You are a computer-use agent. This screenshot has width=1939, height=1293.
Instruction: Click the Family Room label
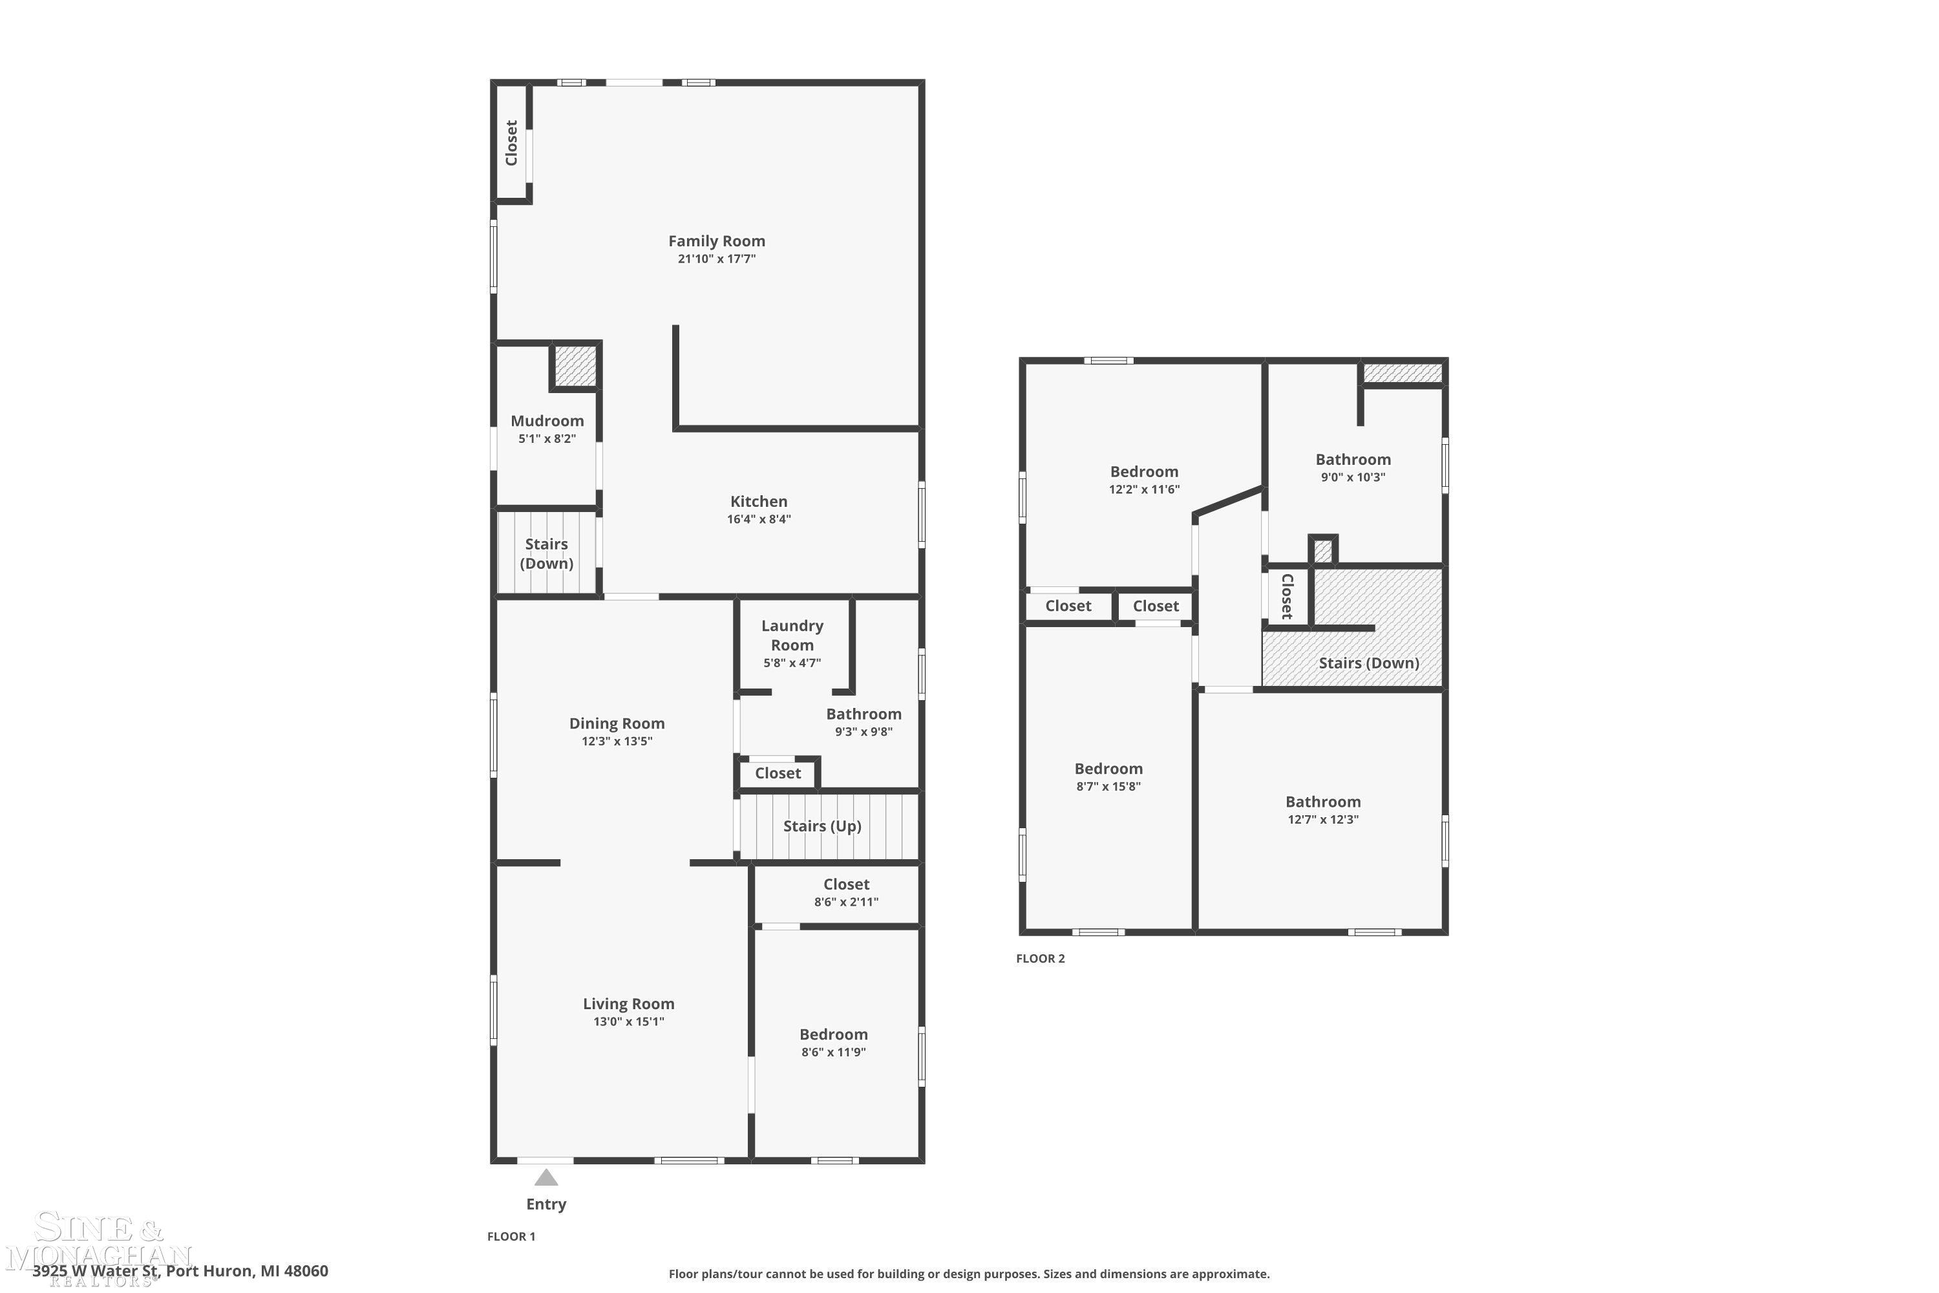(x=716, y=240)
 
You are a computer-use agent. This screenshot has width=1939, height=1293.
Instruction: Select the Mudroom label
(x=547, y=421)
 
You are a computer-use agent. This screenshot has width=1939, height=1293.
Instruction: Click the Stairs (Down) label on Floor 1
(x=547, y=553)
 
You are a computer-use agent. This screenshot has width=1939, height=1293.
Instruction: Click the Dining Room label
(x=617, y=723)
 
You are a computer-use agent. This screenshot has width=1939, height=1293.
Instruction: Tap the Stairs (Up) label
(x=822, y=826)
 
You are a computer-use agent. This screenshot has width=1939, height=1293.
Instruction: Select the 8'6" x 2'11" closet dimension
(x=846, y=902)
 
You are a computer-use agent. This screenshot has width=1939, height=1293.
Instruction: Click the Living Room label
(x=628, y=1003)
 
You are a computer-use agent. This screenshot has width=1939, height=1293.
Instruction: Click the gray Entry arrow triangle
(x=546, y=1177)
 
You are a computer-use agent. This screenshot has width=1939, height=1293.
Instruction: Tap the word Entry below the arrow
(x=546, y=1204)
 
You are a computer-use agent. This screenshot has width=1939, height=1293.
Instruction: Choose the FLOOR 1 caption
(x=511, y=1236)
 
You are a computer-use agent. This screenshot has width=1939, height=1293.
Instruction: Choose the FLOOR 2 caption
(x=1041, y=958)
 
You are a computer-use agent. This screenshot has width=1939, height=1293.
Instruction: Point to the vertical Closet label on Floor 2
(x=1287, y=596)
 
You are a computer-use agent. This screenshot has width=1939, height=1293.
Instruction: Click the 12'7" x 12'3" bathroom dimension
(x=1322, y=820)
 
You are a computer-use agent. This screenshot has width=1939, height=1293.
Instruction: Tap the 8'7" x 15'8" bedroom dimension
(x=1108, y=787)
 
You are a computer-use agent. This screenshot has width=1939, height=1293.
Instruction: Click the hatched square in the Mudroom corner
(x=575, y=365)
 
